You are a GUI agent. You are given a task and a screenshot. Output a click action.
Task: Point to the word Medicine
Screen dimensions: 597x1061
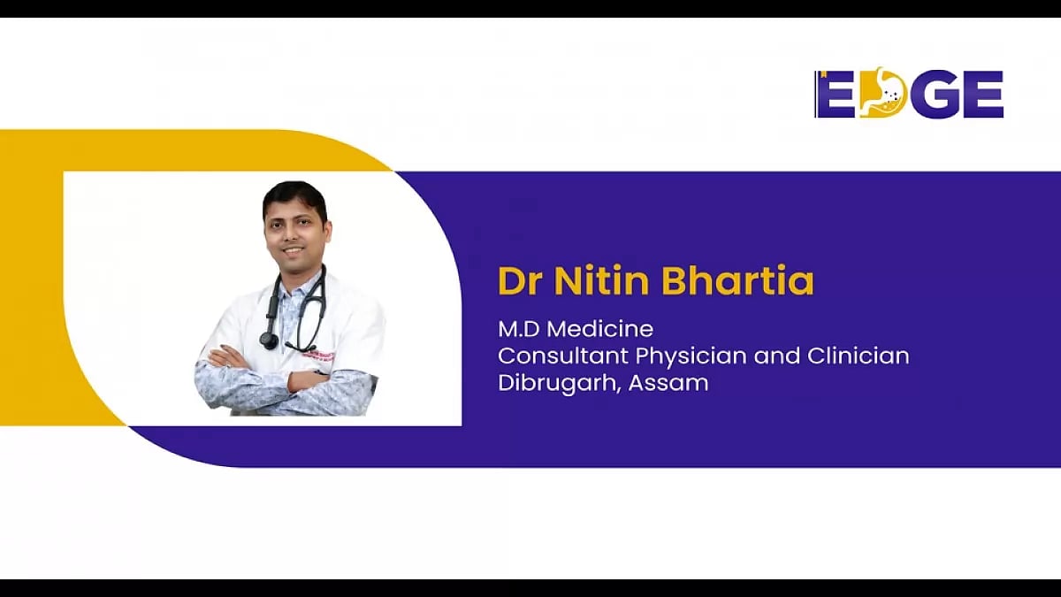(x=602, y=330)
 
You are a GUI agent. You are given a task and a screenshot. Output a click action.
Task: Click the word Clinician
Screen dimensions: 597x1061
(x=858, y=356)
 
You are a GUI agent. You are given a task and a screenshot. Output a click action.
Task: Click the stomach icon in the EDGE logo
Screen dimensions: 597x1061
(x=883, y=95)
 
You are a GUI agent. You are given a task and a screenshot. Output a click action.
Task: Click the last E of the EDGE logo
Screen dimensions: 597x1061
(x=983, y=95)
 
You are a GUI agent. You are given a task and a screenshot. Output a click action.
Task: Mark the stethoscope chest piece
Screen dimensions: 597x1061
(x=268, y=339)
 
